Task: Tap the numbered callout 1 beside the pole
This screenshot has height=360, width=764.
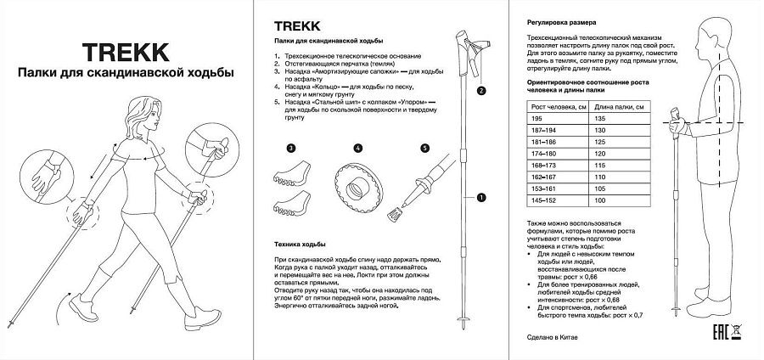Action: (x=481, y=198)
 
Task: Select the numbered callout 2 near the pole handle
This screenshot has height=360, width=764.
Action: (x=481, y=89)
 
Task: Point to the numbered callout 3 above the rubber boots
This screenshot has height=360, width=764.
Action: (x=290, y=148)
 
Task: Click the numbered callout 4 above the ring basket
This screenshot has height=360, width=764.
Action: (x=357, y=148)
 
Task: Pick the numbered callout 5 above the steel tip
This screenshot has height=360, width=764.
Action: (x=425, y=148)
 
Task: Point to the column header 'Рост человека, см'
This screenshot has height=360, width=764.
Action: (x=553, y=106)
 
